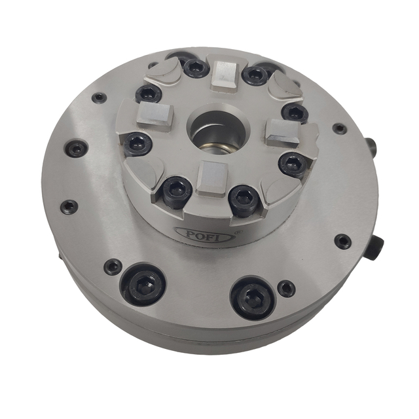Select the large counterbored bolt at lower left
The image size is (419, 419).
pos(143,285)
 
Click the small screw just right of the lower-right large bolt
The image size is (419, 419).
pos(285,288)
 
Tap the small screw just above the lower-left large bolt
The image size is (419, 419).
pos(113,266)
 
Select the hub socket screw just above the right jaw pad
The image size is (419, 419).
pos(295,113)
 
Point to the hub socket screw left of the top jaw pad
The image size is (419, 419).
pos(195,67)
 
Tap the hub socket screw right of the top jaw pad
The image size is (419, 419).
pos(254,75)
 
